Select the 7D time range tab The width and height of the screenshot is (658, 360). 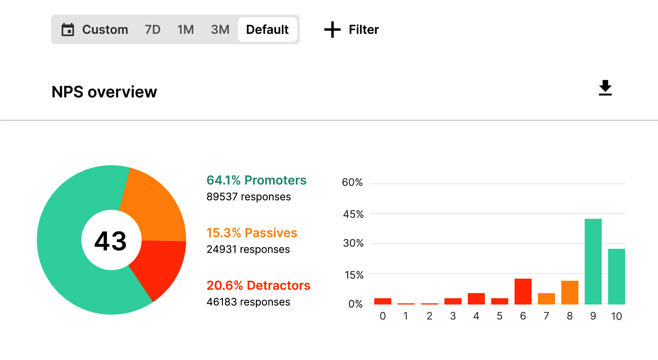click(153, 30)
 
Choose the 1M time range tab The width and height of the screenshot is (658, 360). click(185, 30)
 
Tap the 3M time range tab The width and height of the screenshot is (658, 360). click(220, 30)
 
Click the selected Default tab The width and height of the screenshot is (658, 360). click(267, 30)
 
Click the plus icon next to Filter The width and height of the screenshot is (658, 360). click(332, 30)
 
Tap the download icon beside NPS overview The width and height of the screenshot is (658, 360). click(605, 88)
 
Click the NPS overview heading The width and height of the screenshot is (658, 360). click(104, 92)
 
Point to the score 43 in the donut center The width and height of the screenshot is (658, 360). click(110, 241)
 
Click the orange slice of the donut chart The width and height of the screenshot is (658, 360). click(155, 207)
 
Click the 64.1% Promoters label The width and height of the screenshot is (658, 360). click(256, 180)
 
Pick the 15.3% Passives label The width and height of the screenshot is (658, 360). click(252, 233)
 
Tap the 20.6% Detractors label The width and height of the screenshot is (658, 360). click(258, 286)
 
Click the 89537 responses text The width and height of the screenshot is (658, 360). click(249, 197)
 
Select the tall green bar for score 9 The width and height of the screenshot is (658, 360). click(593, 262)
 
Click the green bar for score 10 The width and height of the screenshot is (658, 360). click(616, 276)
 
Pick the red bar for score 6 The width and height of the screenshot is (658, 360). click(523, 292)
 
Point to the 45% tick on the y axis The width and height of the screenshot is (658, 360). click(353, 215)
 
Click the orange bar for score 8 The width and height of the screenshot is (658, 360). click(570, 293)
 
